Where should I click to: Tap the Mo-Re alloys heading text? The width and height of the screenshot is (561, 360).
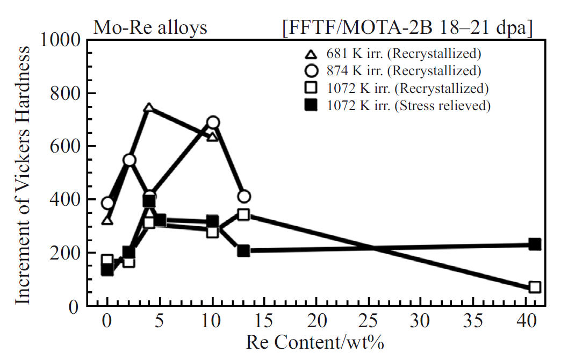150,27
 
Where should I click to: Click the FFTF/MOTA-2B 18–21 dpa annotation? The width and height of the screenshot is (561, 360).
407,28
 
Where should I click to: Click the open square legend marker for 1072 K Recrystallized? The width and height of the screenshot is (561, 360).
310,88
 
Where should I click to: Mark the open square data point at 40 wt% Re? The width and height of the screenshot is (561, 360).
534,287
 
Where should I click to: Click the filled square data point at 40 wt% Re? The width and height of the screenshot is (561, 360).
534,244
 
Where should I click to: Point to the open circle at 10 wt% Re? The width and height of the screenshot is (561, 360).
213,123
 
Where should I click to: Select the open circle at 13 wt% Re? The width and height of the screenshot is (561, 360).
244,197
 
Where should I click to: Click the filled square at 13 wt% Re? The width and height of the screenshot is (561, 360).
243,250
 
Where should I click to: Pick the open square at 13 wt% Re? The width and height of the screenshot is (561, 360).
243,214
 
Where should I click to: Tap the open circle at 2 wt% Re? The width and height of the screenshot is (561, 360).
129,160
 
